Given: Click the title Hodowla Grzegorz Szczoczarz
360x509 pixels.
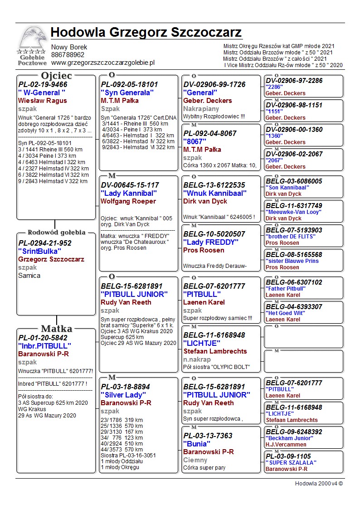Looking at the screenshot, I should coord(146,33).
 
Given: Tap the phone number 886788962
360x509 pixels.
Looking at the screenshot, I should coord(68,55).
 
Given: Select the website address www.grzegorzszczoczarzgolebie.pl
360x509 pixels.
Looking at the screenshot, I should coord(103,63).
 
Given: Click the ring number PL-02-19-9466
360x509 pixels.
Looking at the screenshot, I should coord(43,85).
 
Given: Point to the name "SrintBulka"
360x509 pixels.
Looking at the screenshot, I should coord(39,251).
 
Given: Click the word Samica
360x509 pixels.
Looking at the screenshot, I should coord(29,276).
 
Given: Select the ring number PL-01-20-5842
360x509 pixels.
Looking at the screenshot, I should coord(43,338).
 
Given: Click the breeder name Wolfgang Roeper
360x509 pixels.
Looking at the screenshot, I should coord(128,201).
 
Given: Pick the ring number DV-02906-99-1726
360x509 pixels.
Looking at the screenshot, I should coord(214,85).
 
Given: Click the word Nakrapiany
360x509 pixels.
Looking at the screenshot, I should coord(201,109).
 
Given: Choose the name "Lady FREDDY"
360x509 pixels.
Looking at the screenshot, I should coord(210,242).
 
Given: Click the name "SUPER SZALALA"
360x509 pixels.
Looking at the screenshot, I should coord(291,463).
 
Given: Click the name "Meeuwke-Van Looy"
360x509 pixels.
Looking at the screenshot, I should coord(294,212).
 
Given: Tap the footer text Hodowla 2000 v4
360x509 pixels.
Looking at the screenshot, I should coord(319,484).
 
